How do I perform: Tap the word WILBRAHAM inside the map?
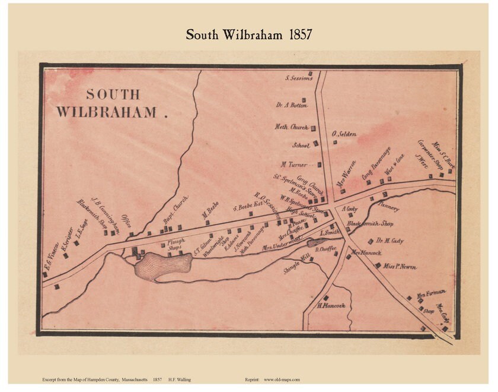(x=107, y=112)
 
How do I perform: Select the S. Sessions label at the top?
(x=299, y=78)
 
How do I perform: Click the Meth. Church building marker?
(x=313, y=128)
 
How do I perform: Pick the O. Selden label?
(x=344, y=134)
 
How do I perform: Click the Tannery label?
(x=388, y=208)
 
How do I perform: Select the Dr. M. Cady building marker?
(x=371, y=241)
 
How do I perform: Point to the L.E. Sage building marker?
(x=76, y=243)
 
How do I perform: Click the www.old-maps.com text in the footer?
(x=282, y=380)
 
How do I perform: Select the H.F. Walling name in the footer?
(x=180, y=380)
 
